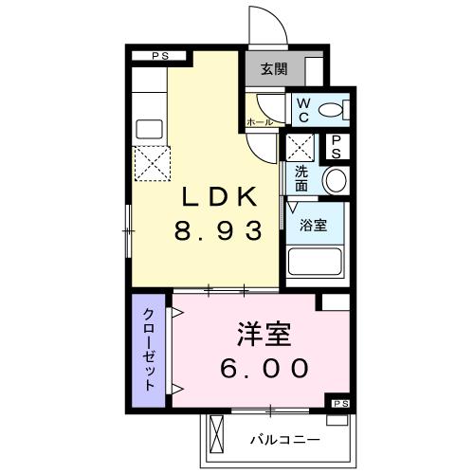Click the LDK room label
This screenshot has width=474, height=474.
point(219,196)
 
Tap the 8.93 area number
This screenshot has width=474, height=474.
point(219,230)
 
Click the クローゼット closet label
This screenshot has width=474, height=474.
point(150,350)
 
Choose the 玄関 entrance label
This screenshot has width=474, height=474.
point(275,68)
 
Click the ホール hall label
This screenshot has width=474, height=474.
point(260,122)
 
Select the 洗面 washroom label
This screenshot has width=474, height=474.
point(301,179)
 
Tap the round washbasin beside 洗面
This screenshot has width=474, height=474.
point(334,180)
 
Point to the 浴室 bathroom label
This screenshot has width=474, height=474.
point(313,225)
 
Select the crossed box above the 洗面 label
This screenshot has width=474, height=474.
point(301,148)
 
